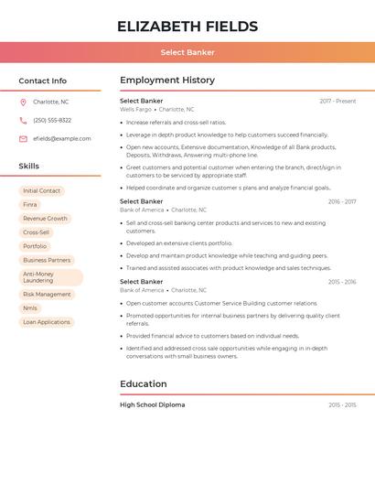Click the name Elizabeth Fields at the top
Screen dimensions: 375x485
[187, 27]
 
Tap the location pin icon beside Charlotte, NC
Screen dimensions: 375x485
[23, 102]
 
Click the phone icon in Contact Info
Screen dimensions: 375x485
[23, 120]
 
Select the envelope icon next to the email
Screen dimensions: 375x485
[23, 139]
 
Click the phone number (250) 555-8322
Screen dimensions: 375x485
[52, 120]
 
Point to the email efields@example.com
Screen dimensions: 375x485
[62, 139]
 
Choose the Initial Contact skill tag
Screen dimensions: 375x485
[42, 191]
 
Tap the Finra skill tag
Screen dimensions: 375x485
[30, 205]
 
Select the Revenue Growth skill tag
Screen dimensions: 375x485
[45, 219]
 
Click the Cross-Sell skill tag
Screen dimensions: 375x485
[37, 232]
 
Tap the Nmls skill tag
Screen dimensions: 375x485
[30, 308]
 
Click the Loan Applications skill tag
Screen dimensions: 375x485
[47, 322]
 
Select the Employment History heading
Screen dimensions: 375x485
[167, 81]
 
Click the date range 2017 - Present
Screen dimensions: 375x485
[337, 101]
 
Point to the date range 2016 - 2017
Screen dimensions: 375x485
[341, 201]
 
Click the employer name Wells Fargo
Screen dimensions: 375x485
[135, 109]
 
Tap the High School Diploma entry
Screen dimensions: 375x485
[152, 404]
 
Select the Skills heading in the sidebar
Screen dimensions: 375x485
[29, 167]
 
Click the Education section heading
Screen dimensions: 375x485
[144, 384]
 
